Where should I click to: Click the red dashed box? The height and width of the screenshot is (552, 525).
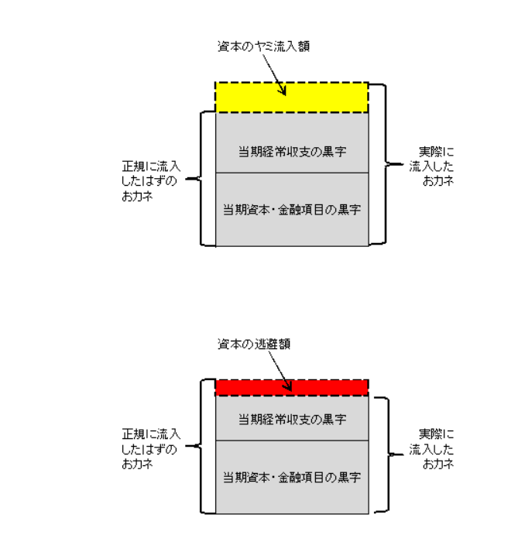[248, 387]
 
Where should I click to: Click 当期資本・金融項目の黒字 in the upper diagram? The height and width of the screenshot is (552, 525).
[291, 209]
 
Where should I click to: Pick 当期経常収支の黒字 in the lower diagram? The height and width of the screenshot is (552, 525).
[291, 419]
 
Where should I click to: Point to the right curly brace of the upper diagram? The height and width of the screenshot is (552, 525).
[380, 163]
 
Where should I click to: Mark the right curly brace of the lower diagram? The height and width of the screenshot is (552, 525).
[380, 454]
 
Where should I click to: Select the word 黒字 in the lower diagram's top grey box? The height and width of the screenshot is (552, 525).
[335, 419]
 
